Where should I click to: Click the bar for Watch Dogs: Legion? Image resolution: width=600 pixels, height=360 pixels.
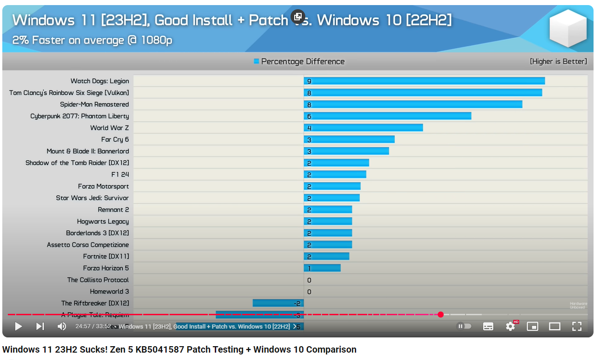424,81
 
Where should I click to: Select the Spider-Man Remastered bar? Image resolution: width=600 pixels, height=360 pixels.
413,104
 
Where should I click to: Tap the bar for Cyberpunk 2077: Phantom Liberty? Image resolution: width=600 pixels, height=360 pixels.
388,116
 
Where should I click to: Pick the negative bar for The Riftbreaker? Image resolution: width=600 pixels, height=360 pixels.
278,303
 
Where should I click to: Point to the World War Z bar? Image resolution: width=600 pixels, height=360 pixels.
363,128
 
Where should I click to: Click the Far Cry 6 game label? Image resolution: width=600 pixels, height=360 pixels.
115,139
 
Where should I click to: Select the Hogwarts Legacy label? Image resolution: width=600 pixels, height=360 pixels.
103,222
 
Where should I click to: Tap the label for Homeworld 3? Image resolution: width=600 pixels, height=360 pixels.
109,292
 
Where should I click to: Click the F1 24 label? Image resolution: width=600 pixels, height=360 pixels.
120,174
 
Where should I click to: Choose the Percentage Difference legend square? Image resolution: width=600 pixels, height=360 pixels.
256,61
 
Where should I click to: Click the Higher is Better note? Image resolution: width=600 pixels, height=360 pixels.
558,61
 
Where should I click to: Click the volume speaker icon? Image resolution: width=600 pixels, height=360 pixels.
61,326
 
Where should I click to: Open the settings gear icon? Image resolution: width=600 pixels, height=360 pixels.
510,326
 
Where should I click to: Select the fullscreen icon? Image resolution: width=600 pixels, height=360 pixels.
577,326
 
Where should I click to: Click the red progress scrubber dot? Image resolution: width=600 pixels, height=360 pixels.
441,315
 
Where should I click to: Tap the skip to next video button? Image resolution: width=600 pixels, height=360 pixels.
40,326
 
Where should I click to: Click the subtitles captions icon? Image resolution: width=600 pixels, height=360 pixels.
488,326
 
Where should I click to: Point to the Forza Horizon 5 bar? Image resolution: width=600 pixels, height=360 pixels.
322,268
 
